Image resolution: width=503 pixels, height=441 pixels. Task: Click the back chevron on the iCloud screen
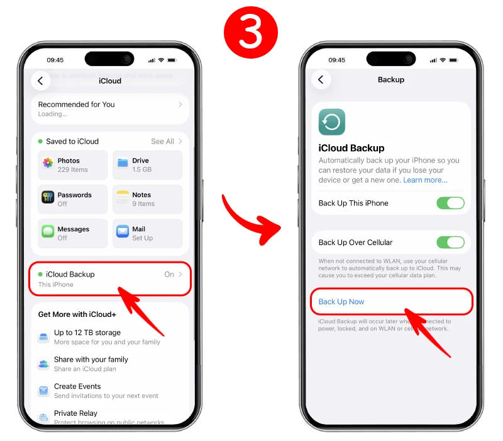(41, 81)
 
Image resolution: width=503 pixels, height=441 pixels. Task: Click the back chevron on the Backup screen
(321, 79)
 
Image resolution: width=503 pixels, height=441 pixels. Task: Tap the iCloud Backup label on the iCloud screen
(70, 275)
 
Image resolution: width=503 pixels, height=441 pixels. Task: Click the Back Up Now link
(341, 302)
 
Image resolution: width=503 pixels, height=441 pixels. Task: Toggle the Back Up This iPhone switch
(450, 203)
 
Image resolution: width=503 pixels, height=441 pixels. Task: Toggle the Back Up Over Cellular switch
(450, 243)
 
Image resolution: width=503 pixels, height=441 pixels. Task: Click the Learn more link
(425, 180)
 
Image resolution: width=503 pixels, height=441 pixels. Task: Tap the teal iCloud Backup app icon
(331, 122)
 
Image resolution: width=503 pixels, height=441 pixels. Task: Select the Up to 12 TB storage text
(87, 333)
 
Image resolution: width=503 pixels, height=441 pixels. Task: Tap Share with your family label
(91, 360)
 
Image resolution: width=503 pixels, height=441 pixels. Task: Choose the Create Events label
(77, 386)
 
